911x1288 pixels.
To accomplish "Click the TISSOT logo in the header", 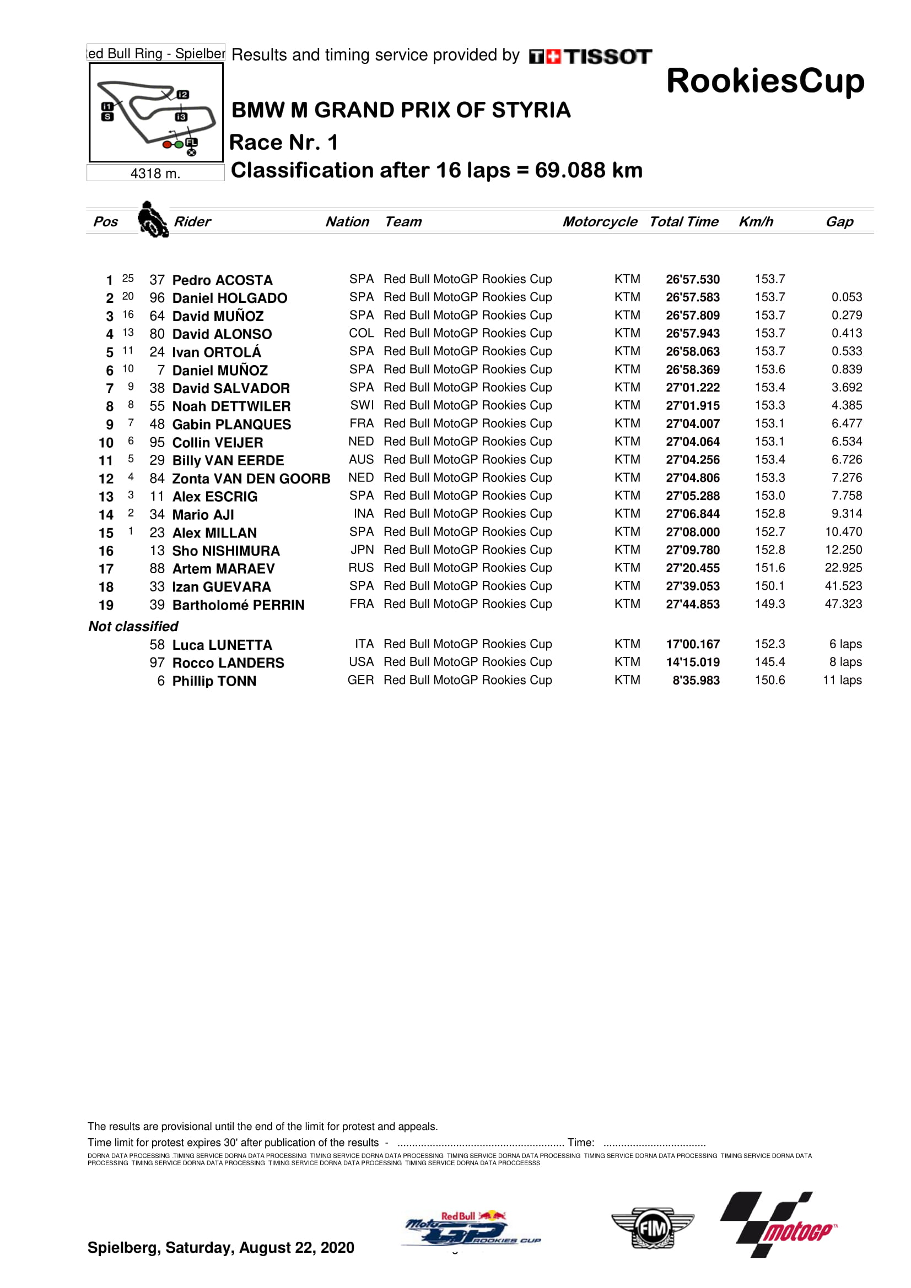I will [590, 56].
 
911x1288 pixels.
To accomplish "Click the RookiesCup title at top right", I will [765, 81].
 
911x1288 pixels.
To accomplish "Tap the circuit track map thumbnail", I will [156, 113].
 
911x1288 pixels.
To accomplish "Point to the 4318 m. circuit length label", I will [155, 173].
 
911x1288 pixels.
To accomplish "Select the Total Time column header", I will [684, 221].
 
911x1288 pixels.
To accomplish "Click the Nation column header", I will [347, 221].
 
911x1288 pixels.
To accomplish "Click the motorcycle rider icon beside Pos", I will [152, 219].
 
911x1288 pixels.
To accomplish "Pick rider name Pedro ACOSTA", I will [222, 280].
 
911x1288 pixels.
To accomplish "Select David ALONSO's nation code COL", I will [361, 333].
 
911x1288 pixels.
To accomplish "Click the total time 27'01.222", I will [693, 388].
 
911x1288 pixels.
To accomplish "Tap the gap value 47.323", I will [843, 604].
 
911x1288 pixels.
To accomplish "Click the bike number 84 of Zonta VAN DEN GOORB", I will [157, 479].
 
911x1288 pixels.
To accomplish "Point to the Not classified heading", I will [133, 626].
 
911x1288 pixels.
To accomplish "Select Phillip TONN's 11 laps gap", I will [842, 681].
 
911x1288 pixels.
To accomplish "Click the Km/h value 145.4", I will [769, 662].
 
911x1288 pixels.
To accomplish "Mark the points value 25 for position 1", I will [128, 278].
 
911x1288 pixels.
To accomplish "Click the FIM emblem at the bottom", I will [653, 1229].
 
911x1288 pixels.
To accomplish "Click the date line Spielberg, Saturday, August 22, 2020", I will [220, 1248].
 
